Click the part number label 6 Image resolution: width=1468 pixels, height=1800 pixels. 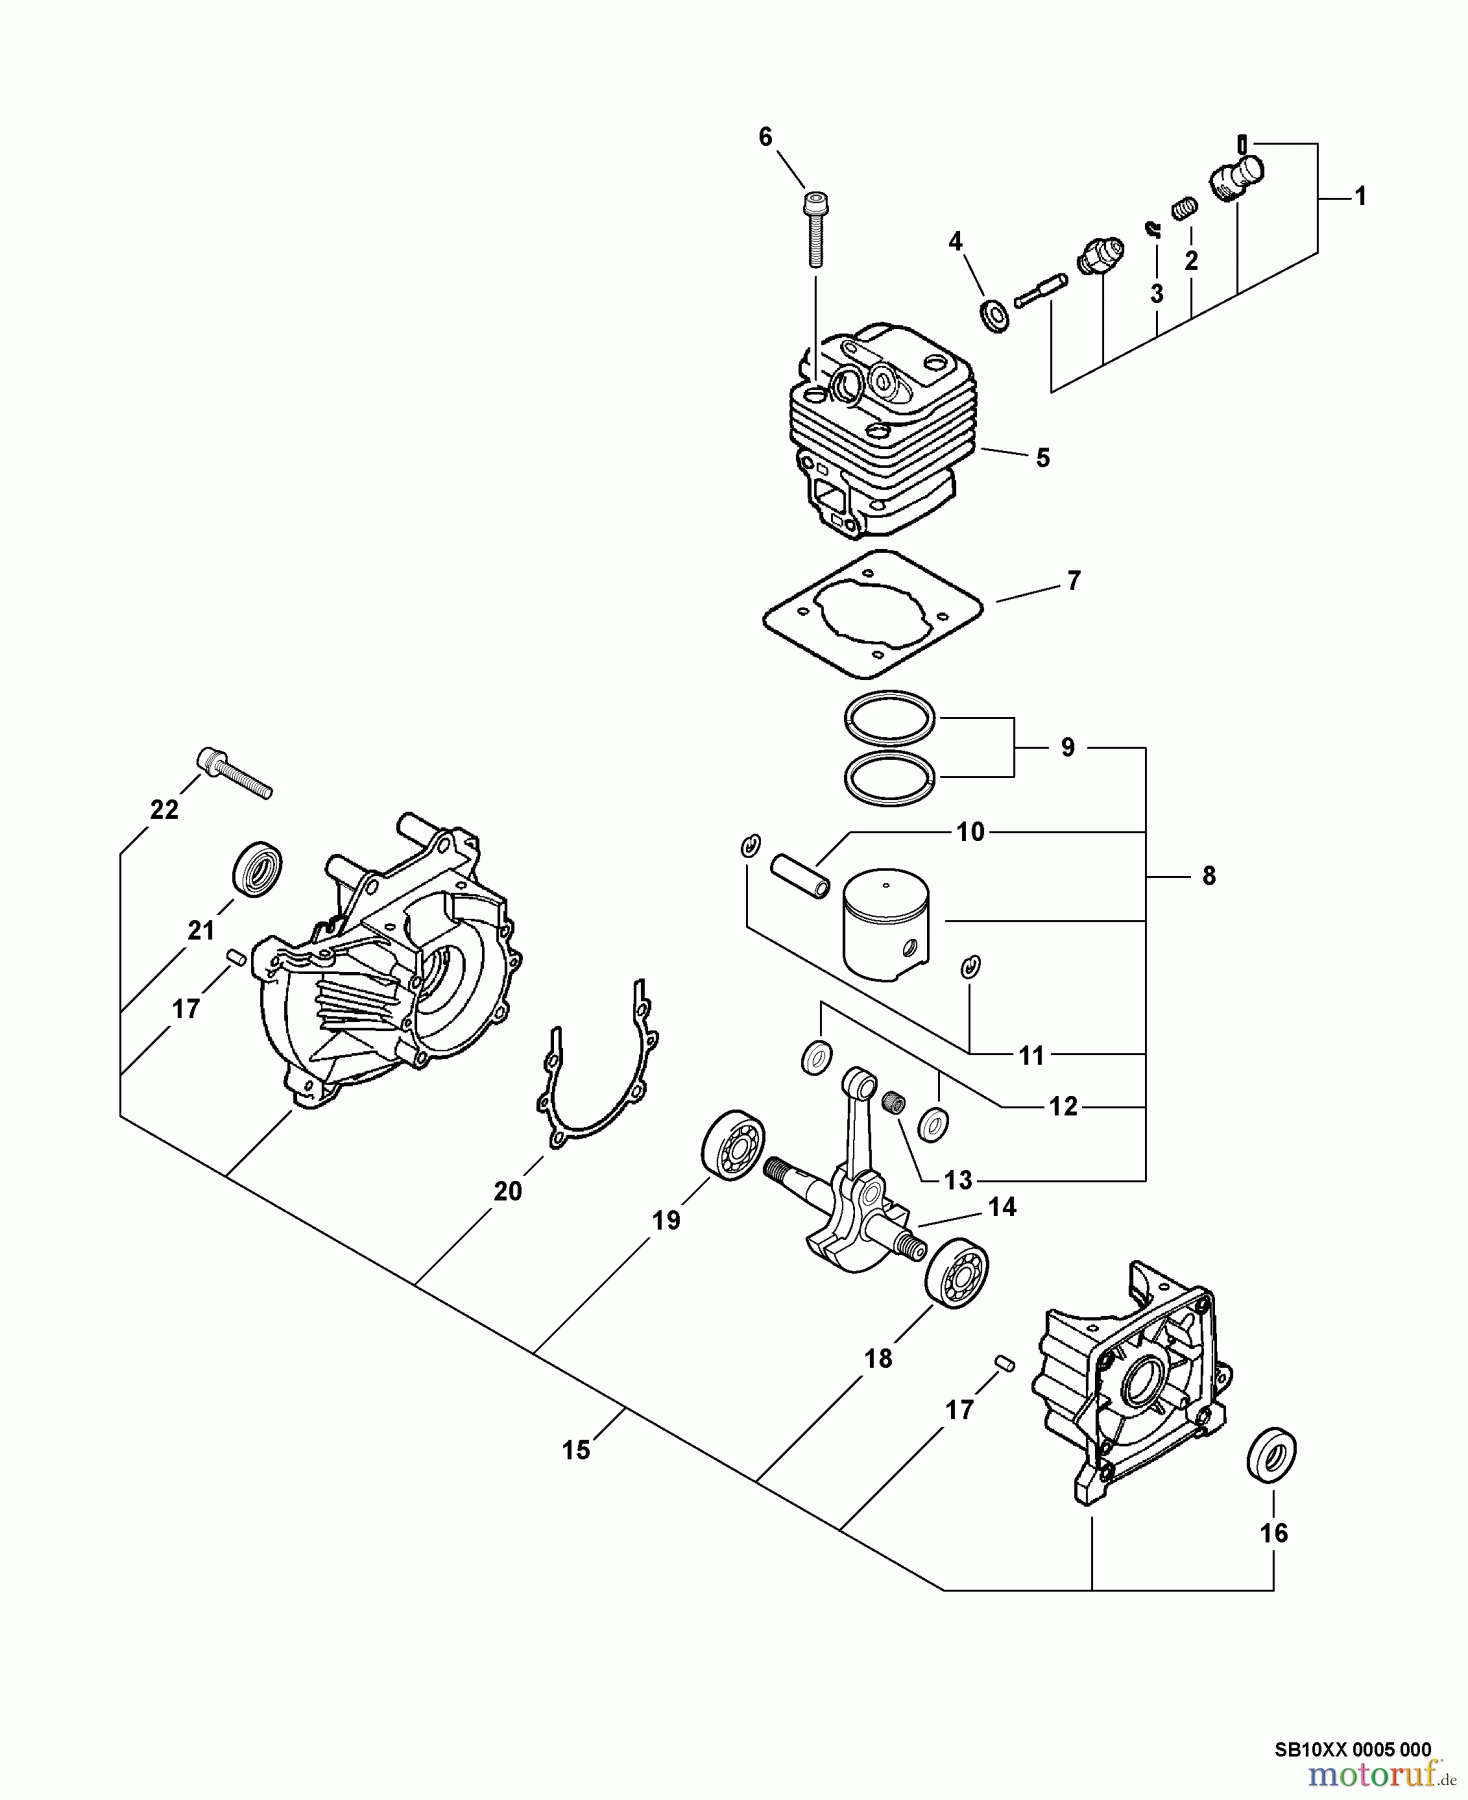(x=765, y=137)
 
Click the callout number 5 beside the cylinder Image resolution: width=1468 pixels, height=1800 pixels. (x=1042, y=458)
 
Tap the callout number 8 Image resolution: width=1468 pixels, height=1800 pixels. (x=1208, y=876)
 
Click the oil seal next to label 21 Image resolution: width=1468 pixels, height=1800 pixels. (x=257, y=866)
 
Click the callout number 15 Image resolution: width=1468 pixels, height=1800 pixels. (x=576, y=1449)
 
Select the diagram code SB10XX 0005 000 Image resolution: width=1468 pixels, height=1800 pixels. (x=1352, y=1749)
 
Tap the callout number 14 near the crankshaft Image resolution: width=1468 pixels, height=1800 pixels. (x=1001, y=1207)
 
